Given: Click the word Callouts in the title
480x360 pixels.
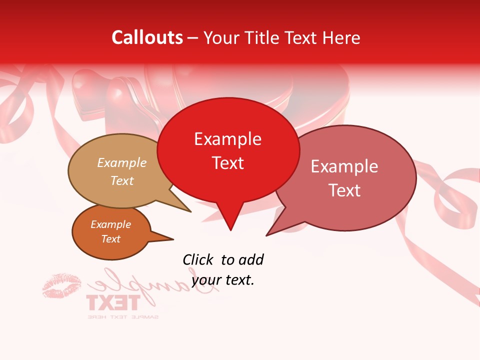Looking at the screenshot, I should coord(147,37).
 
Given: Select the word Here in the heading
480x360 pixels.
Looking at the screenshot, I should coord(341,37).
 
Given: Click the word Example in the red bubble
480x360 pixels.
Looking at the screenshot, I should coord(227,139).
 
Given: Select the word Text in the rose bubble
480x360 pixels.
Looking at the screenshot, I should coord(344,190).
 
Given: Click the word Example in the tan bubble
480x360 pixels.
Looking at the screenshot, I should coord(121,163).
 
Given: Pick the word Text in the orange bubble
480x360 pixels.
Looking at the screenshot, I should coord(110,239).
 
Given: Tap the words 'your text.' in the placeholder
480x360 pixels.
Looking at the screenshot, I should coord(223,280).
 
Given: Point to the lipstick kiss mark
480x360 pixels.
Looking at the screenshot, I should coord(61,285).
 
